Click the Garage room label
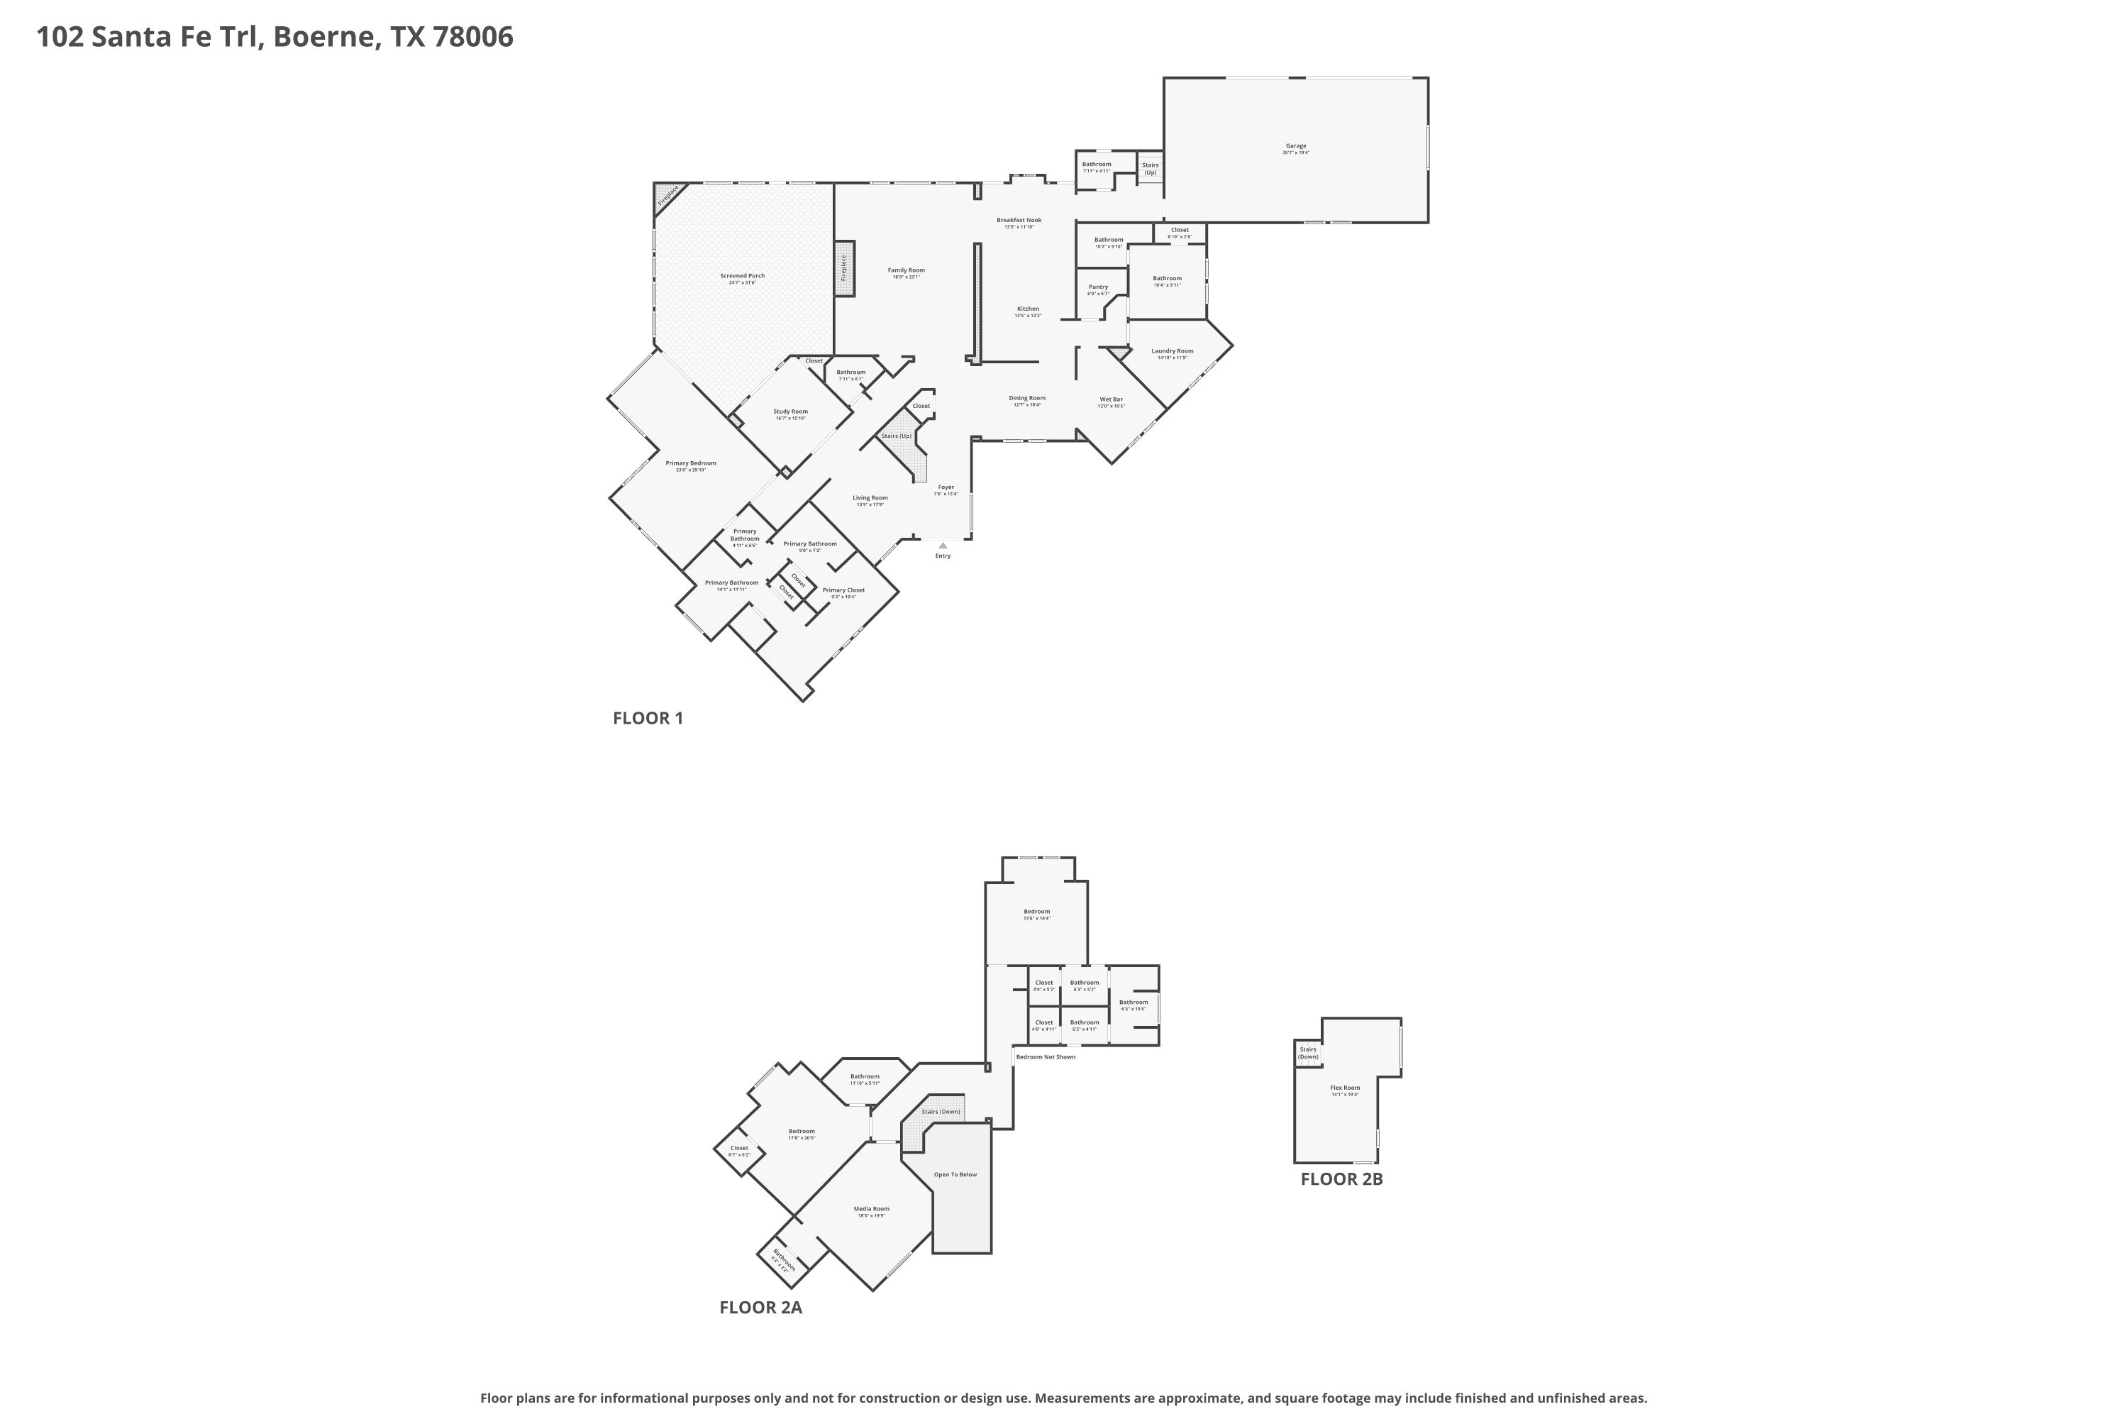tap(1296, 145)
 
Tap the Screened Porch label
tap(742, 276)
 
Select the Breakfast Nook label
tap(1019, 220)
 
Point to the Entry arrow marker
tap(943, 546)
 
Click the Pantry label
tap(1097, 287)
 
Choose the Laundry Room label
tap(1172, 351)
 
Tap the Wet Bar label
tap(1111, 399)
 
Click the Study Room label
tap(790, 412)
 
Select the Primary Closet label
tap(843, 590)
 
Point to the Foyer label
tap(946, 487)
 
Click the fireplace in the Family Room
tap(844, 268)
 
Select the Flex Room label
tap(1344, 1088)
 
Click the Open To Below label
tap(955, 1175)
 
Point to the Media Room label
tap(871, 1208)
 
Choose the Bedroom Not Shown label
tap(1045, 1057)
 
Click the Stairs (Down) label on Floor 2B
tap(1307, 1052)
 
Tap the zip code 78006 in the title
tap(473, 36)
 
